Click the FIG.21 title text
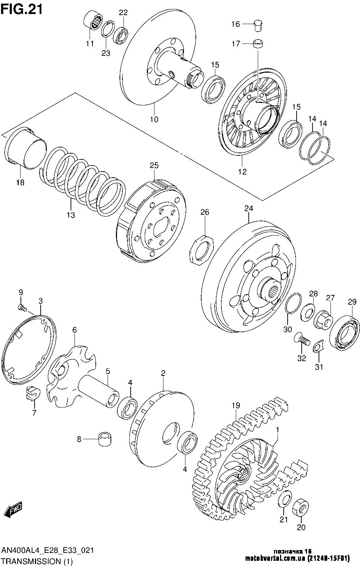coord(22,10)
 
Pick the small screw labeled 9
coord(22,308)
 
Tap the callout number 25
coord(154,165)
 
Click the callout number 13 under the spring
coord(71,215)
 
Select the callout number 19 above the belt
coord(236,405)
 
